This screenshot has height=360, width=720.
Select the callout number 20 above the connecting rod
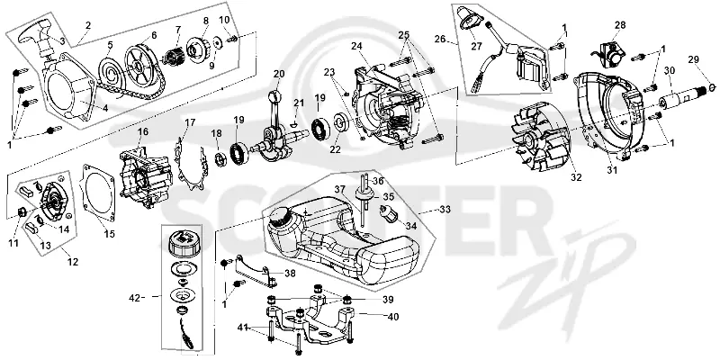point(279,74)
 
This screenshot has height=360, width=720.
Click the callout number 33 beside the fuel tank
point(445,210)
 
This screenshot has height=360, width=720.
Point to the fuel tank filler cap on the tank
point(281,216)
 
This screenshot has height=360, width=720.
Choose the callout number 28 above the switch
point(620,25)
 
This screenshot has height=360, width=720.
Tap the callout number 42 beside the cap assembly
point(135,298)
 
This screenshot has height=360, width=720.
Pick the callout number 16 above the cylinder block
point(143,131)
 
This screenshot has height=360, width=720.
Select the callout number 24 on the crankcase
point(356,46)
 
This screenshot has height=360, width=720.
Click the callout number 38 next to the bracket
point(290,274)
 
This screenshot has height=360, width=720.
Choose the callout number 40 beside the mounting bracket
point(393,317)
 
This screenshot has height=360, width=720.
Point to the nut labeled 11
point(21,211)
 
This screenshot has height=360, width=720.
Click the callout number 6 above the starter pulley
point(153,35)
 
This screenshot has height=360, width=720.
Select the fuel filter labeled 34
point(387,213)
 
